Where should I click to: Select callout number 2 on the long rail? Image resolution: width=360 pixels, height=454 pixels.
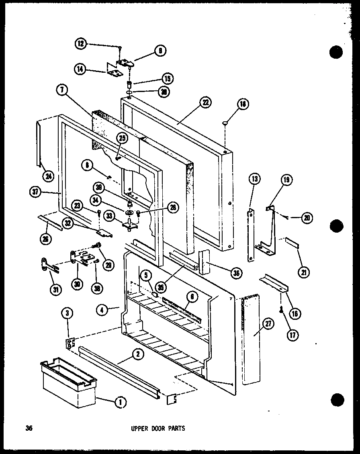(137, 354)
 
